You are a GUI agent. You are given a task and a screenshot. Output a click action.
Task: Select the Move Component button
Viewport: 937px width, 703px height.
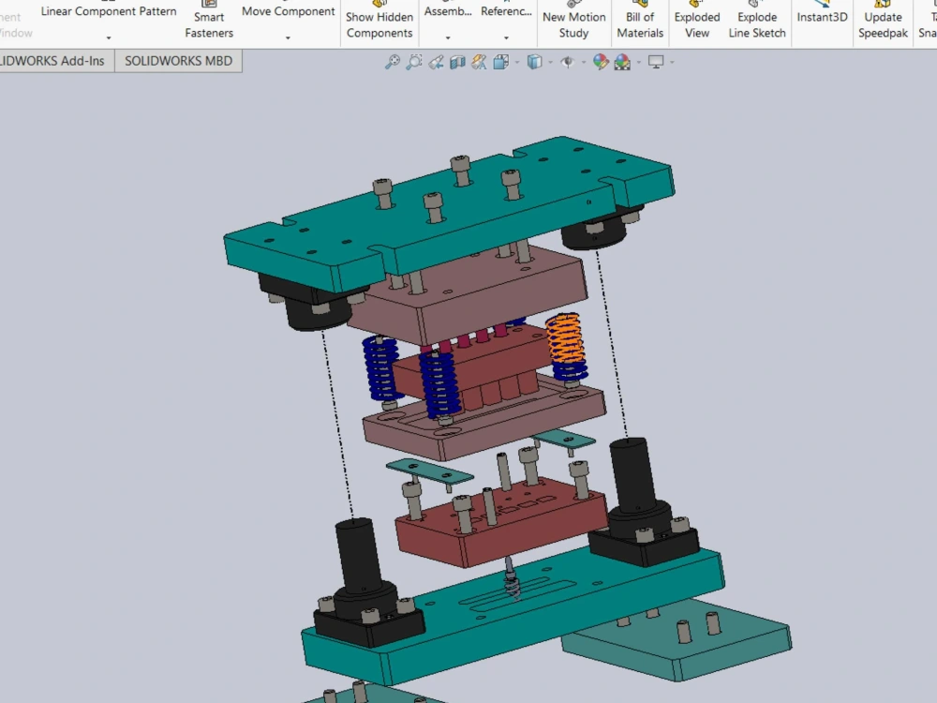[288, 12]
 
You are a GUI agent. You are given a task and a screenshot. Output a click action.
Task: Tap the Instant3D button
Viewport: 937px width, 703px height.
[822, 16]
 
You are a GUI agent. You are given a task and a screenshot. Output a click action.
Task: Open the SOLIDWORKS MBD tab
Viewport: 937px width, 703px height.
[178, 61]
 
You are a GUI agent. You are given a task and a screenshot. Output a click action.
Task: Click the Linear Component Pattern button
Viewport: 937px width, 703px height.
[109, 12]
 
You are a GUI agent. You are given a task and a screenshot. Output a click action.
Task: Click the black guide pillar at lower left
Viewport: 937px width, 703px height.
[359, 553]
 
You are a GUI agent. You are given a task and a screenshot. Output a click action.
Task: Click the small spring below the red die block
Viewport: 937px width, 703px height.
[511, 581]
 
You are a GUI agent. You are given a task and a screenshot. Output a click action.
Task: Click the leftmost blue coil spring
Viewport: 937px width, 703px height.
[379, 367]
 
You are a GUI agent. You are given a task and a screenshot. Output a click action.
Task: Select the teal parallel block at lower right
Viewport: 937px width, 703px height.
[675, 647]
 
